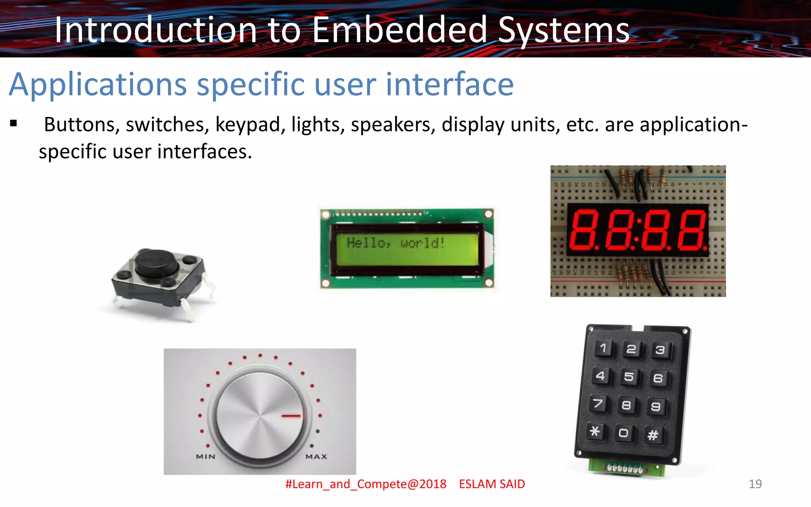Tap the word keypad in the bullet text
[250, 125]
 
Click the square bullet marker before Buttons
[14, 124]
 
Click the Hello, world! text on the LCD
[395, 242]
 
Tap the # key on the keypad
[653, 435]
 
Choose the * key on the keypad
[595, 431]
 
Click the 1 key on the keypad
[603, 348]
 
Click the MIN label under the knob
[206, 457]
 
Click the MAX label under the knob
[316, 457]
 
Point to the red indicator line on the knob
[291, 416]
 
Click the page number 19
[755, 484]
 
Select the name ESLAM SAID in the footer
[492, 484]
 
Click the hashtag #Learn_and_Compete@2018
[366, 484]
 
